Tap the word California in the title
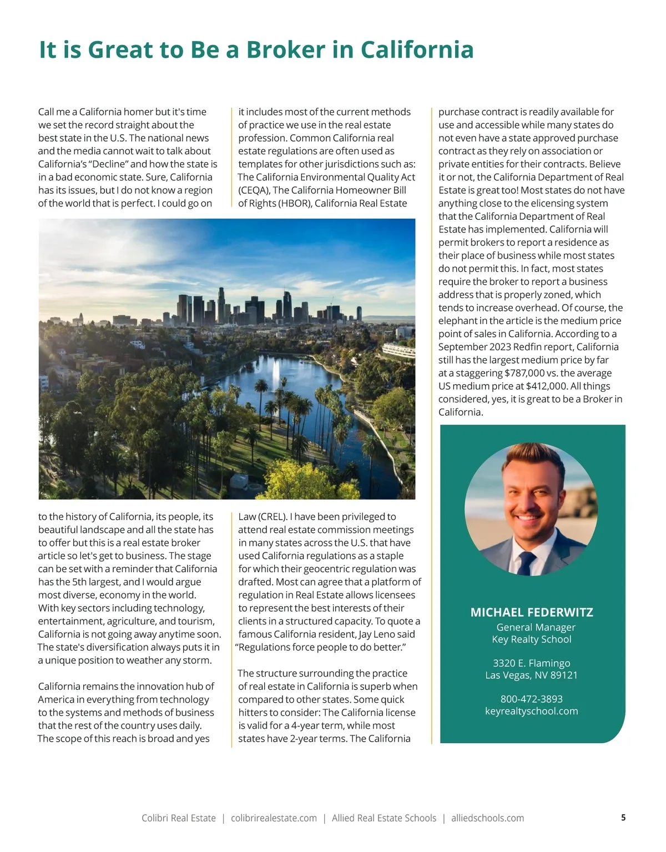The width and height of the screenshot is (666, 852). [x=417, y=49]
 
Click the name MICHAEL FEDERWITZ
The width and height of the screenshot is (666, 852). [x=532, y=612]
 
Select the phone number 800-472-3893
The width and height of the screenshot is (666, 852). [x=532, y=699]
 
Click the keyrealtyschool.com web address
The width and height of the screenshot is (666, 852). [x=532, y=711]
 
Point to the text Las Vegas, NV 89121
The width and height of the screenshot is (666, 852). [x=532, y=675]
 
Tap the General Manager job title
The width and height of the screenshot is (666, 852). [x=536, y=627]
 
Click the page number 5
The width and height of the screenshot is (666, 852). [x=623, y=818]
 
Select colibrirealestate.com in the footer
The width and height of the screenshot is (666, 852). [x=274, y=818]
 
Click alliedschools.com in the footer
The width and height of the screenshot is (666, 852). [x=487, y=818]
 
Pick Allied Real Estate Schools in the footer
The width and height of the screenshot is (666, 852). [x=384, y=818]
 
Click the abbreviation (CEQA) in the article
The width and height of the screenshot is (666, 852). [x=254, y=190]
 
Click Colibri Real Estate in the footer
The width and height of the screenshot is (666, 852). [x=179, y=818]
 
